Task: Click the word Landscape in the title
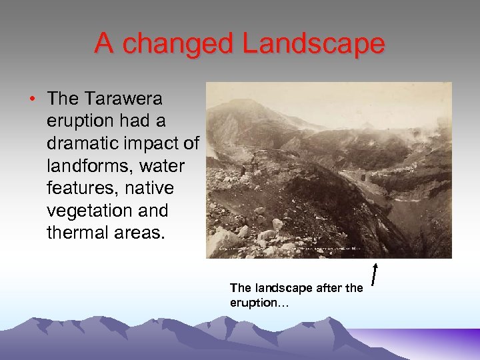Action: point(313,44)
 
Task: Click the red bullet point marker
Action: point(32,99)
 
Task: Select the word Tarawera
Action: point(124,99)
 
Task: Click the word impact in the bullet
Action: point(155,143)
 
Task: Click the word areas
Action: point(137,233)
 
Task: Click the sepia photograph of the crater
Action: point(329,170)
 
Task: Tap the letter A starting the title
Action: point(103,44)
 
